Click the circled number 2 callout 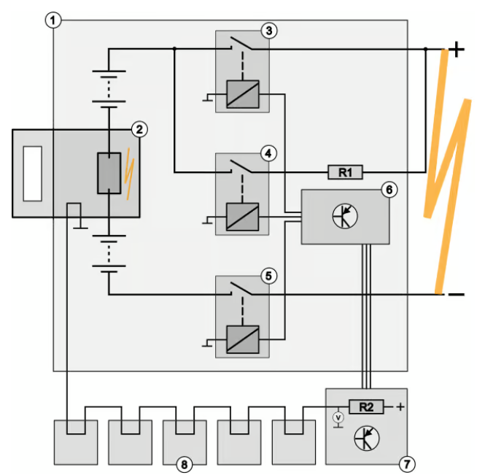coord(138,130)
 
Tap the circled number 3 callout coord(268,31)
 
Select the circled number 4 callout coord(268,153)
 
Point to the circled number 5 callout coord(268,276)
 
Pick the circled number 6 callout coord(389,190)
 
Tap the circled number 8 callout coord(184,463)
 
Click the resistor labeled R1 coord(344,173)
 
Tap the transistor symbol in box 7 coord(365,439)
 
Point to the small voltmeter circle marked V coord(337,417)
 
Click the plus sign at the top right coord(457,50)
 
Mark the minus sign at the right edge coord(457,295)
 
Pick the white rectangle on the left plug coord(33,173)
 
